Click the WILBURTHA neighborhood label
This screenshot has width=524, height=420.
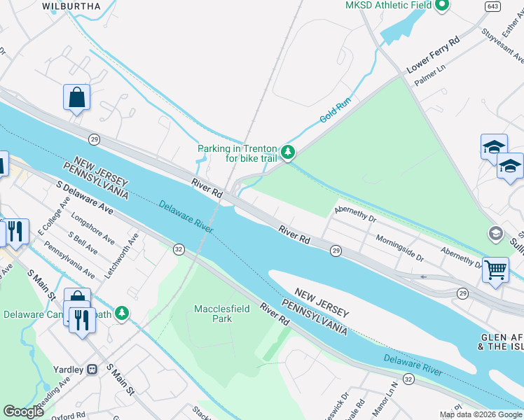pos(71,6)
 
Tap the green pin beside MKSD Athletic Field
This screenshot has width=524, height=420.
pos(441,6)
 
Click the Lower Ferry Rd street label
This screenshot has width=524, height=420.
pos(433,55)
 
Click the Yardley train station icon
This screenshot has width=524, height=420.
pos(92,369)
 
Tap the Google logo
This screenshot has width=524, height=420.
pos(24,412)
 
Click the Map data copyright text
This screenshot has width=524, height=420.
pos(480,414)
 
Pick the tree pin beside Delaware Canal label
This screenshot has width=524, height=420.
pos(122,313)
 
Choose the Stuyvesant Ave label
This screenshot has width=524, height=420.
pos(502,49)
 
